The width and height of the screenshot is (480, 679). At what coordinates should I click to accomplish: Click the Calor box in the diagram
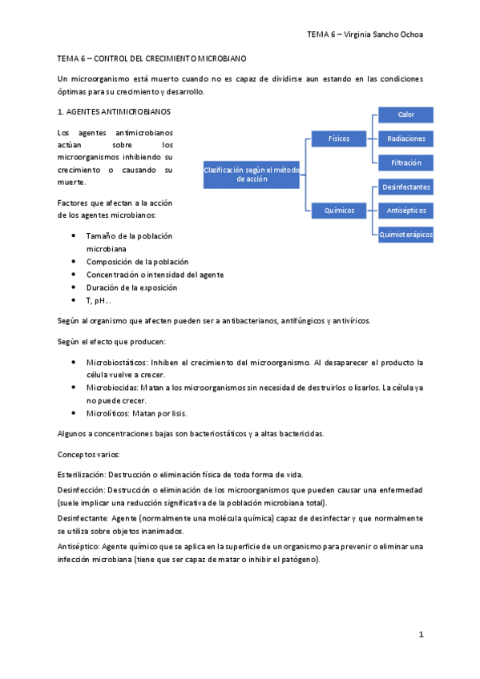click(405, 115)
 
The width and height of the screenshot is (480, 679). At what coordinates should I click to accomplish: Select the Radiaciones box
click(405, 139)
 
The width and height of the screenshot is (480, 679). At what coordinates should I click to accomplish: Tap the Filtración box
click(405, 163)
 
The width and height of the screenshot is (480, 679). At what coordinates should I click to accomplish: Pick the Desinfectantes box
click(405, 187)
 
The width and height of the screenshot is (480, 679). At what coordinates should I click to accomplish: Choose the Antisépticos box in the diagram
click(405, 211)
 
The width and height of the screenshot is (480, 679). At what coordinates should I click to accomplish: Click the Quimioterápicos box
click(405, 235)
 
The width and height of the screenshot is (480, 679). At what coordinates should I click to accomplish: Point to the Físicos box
click(338, 139)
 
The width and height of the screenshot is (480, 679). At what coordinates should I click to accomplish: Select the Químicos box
click(338, 211)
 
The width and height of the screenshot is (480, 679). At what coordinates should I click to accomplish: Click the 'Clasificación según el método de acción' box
click(252, 175)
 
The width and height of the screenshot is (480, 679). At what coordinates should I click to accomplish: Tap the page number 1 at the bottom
click(421, 634)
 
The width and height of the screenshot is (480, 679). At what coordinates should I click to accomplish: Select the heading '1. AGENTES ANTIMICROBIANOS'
click(114, 110)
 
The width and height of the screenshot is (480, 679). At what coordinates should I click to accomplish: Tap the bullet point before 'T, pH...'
click(74, 300)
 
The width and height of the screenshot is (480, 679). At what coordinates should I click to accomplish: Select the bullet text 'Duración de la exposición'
click(131, 287)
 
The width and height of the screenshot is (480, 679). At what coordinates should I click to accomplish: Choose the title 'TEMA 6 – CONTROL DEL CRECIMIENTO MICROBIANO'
click(152, 59)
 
